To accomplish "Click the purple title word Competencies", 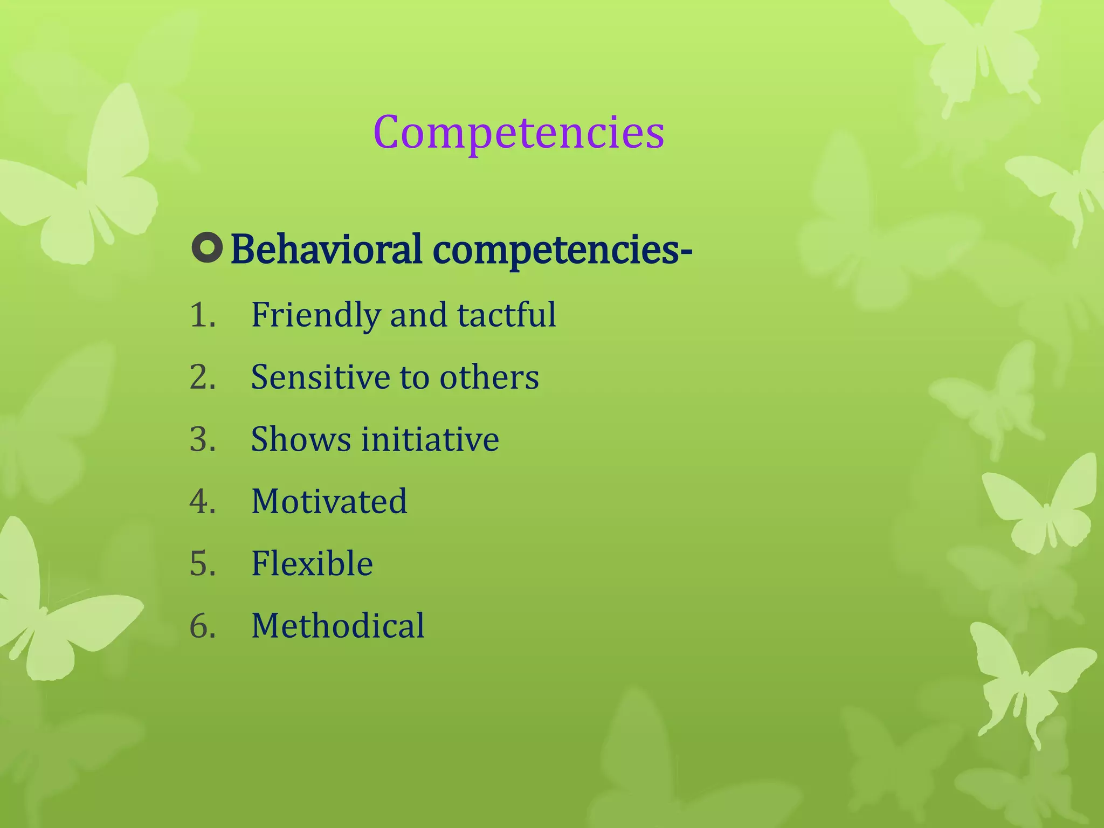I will (519, 133).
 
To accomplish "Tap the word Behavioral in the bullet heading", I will (326, 250).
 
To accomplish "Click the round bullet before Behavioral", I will (206, 249).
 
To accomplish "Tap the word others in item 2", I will (489, 377).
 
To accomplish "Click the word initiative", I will (430, 439).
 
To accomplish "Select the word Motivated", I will (329, 501).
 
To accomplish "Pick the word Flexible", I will (312, 563).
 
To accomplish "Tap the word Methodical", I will (338, 626).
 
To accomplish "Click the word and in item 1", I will (418, 315).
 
